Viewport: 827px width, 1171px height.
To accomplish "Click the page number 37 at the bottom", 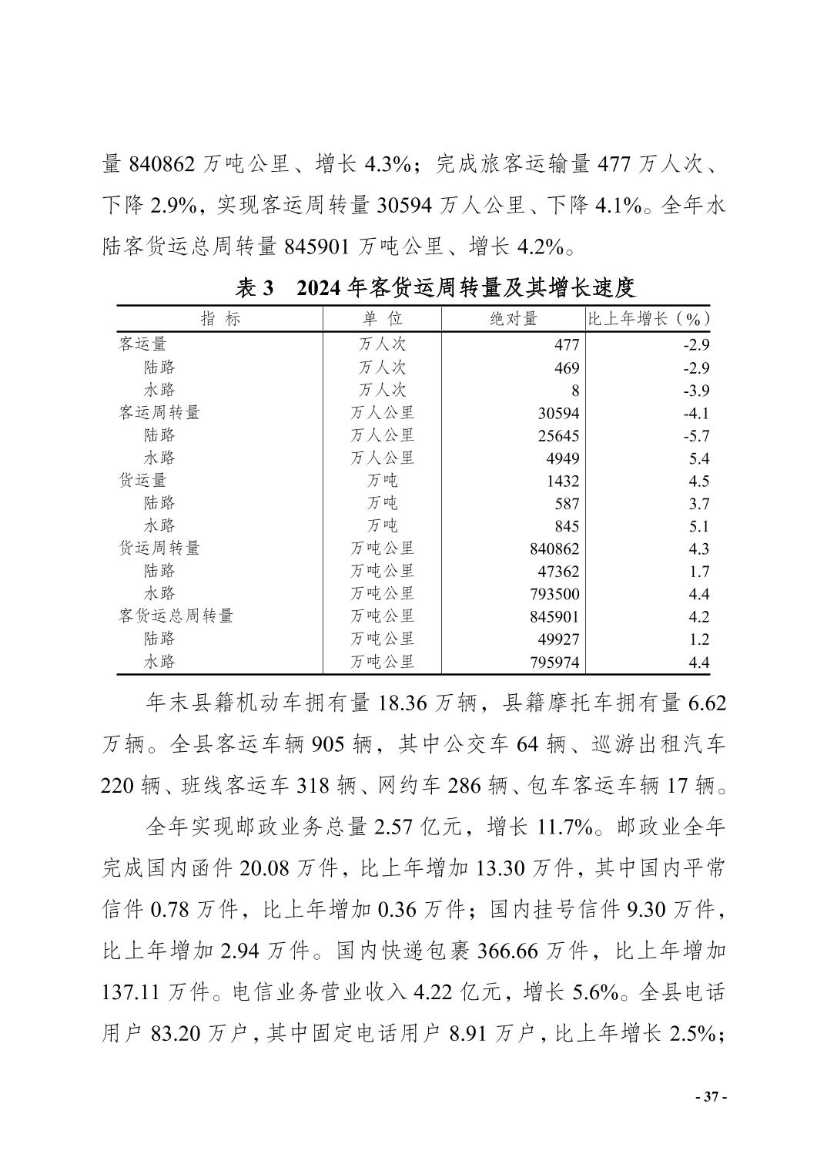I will [x=711, y=1097].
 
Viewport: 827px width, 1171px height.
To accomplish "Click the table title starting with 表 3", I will [x=435, y=288].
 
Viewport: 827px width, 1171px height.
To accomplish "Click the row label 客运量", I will [x=142, y=344].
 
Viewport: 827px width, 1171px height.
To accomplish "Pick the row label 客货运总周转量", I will [x=176, y=616].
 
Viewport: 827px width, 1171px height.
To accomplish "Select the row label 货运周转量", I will [x=159, y=549].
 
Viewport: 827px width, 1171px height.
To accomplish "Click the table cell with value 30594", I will [x=558, y=414].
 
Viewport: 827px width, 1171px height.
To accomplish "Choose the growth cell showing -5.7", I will [x=695, y=436].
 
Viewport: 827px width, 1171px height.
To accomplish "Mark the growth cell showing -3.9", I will [x=695, y=391].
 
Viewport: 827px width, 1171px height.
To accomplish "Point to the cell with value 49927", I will [x=558, y=639].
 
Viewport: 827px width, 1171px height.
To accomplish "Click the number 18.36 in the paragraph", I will [x=408, y=703].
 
